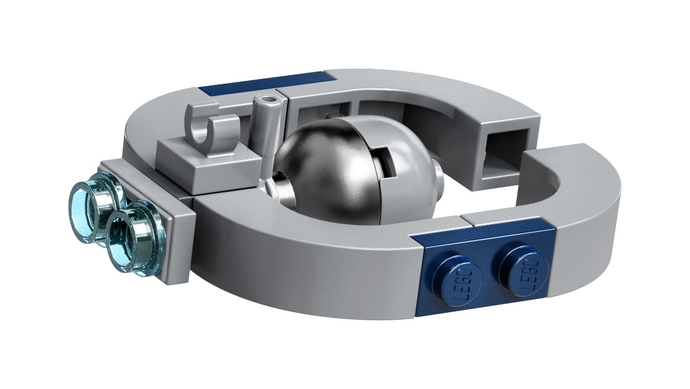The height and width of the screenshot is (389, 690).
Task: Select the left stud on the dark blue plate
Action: (x=459, y=278)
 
